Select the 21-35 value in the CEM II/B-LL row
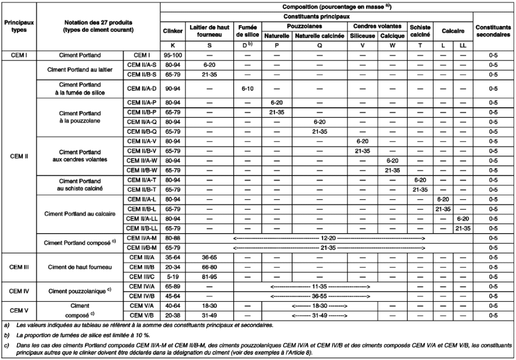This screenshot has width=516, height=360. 463,228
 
